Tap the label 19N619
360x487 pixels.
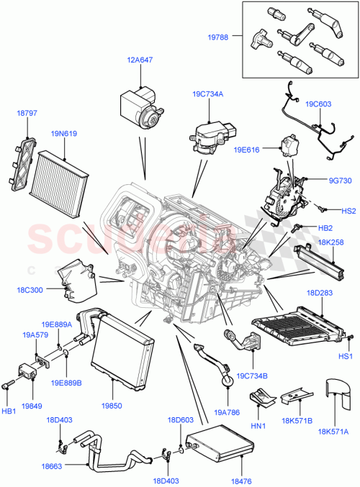pyautogui.click(x=64, y=133)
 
